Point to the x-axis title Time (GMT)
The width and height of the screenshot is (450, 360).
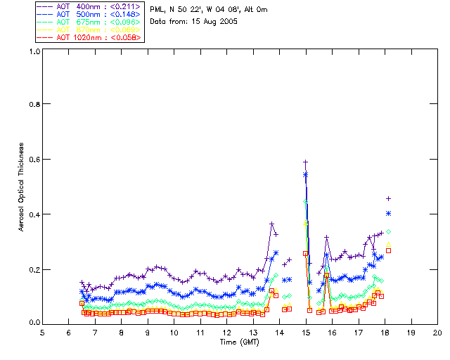click(239, 341)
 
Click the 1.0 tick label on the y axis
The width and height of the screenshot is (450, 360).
click(34, 51)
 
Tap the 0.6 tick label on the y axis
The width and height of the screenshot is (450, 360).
click(34, 160)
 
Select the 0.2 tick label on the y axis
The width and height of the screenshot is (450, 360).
click(34, 269)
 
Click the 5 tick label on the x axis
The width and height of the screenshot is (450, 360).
click(42, 332)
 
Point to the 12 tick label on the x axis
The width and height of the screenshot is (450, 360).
click(227, 332)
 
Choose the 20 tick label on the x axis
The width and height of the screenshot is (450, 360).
click(437, 332)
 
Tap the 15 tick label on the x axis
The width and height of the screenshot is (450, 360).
click(306, 332)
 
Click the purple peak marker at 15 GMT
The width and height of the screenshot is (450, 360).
click(306, 162)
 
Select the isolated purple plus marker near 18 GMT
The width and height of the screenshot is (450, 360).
click(388, 198)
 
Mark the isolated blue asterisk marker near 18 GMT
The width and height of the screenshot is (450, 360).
click(388, 213)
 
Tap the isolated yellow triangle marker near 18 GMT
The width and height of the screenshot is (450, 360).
click(388, 245)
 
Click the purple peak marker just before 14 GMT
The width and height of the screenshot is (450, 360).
click(272, 224)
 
